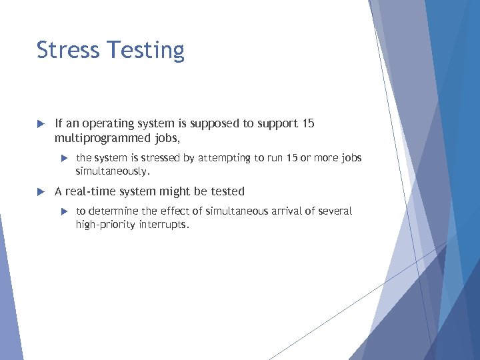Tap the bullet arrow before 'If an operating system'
[x=40, y=124]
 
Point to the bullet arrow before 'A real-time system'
[x=40, y=192]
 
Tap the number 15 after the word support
[x=307, y=124]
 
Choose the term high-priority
[x=105, y=225]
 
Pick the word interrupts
[x=164, y=225]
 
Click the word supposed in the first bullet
[x=213, y=124]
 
